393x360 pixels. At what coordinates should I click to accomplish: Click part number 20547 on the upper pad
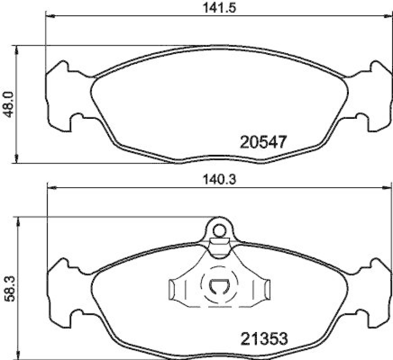pyautogui.click(x=263, y=142)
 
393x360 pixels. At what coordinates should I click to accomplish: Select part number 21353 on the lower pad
pyautogui.click(x=263, y=338)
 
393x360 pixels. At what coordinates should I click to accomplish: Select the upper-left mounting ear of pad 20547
pyautogui.click(x=60, y=69)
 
